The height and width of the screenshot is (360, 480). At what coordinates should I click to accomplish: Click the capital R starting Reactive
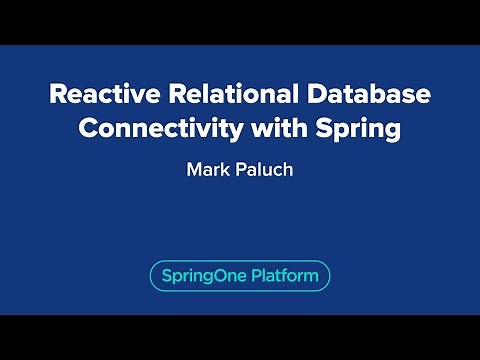(58, 96)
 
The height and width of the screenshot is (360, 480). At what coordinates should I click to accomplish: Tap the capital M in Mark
(193, 169)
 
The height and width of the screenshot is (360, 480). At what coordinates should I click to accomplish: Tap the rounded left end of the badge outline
(151, 276)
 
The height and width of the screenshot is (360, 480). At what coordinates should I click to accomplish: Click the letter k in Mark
(225, 169)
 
